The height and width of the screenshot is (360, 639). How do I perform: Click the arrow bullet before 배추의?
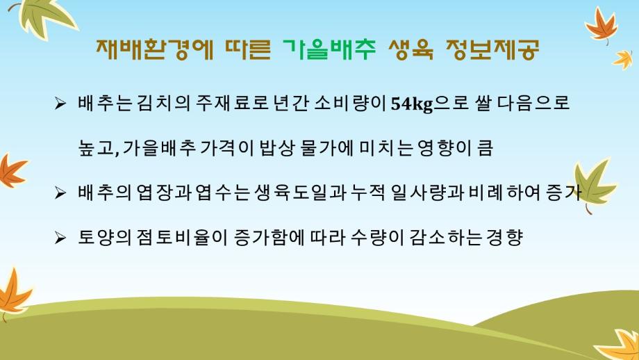coord(60,194)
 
